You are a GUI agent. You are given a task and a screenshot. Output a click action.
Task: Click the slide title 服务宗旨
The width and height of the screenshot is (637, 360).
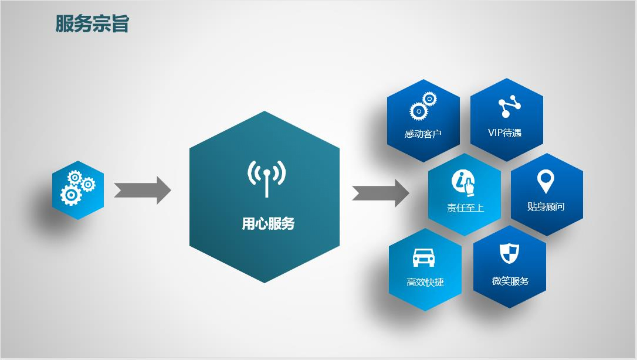coord(92,23)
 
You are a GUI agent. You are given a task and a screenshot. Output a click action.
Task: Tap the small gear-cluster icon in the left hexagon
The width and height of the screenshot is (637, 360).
coord(77,188)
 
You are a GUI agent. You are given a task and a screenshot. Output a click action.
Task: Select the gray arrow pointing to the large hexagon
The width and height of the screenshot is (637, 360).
coord(142,190)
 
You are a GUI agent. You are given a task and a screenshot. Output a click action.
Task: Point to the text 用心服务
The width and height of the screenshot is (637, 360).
coord(268,223)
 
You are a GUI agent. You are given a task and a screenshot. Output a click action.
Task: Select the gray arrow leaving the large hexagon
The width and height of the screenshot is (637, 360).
coord(381,193)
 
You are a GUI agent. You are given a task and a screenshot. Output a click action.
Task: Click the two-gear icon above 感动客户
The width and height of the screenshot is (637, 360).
coord(423,106)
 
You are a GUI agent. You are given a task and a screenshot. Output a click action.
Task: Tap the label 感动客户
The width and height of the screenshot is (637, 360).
coord(423,134)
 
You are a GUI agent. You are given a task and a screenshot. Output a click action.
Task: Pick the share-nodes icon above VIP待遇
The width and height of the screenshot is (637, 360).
coord(509,106)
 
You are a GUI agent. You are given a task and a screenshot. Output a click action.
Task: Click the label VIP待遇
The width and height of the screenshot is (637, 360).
coord(504,133)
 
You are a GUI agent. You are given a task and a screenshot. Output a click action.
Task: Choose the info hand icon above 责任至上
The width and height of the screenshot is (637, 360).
coord(464,184)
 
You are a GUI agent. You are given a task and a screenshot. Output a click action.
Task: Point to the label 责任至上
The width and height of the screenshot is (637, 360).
coord(465,208)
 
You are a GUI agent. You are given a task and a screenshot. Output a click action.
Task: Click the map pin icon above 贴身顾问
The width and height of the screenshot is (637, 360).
coord(545,181)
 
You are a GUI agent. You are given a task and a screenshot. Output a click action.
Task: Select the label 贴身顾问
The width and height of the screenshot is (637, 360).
coord(545,206)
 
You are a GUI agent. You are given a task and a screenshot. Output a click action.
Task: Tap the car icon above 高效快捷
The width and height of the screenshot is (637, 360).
coord(423,257)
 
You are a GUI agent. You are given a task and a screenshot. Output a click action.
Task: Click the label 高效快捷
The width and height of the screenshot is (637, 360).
coord(425,282)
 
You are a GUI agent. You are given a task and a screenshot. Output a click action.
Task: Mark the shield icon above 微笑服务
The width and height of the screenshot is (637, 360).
coord(509,253)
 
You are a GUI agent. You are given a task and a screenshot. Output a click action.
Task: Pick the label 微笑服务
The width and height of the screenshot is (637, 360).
coord(510,281)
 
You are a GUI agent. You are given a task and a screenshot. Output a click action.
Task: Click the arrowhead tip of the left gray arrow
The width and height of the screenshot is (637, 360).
coord(171,190)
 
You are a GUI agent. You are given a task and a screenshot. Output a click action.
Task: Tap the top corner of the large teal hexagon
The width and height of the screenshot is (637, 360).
coord(265,111)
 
